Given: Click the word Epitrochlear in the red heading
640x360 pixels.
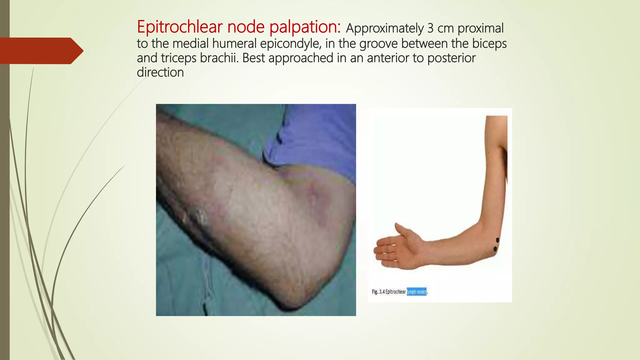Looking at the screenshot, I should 180,27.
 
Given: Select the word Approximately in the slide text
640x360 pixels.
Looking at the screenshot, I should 384,29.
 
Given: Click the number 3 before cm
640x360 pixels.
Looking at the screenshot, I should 430,28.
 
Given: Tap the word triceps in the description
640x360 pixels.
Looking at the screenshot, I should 178,58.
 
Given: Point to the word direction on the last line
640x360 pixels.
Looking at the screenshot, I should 160,72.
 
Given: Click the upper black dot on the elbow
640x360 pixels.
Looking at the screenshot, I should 497,240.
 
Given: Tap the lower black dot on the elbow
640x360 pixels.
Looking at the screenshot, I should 495,249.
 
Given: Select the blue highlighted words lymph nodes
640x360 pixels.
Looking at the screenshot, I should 417,292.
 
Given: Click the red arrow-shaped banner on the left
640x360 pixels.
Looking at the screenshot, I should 41,51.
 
